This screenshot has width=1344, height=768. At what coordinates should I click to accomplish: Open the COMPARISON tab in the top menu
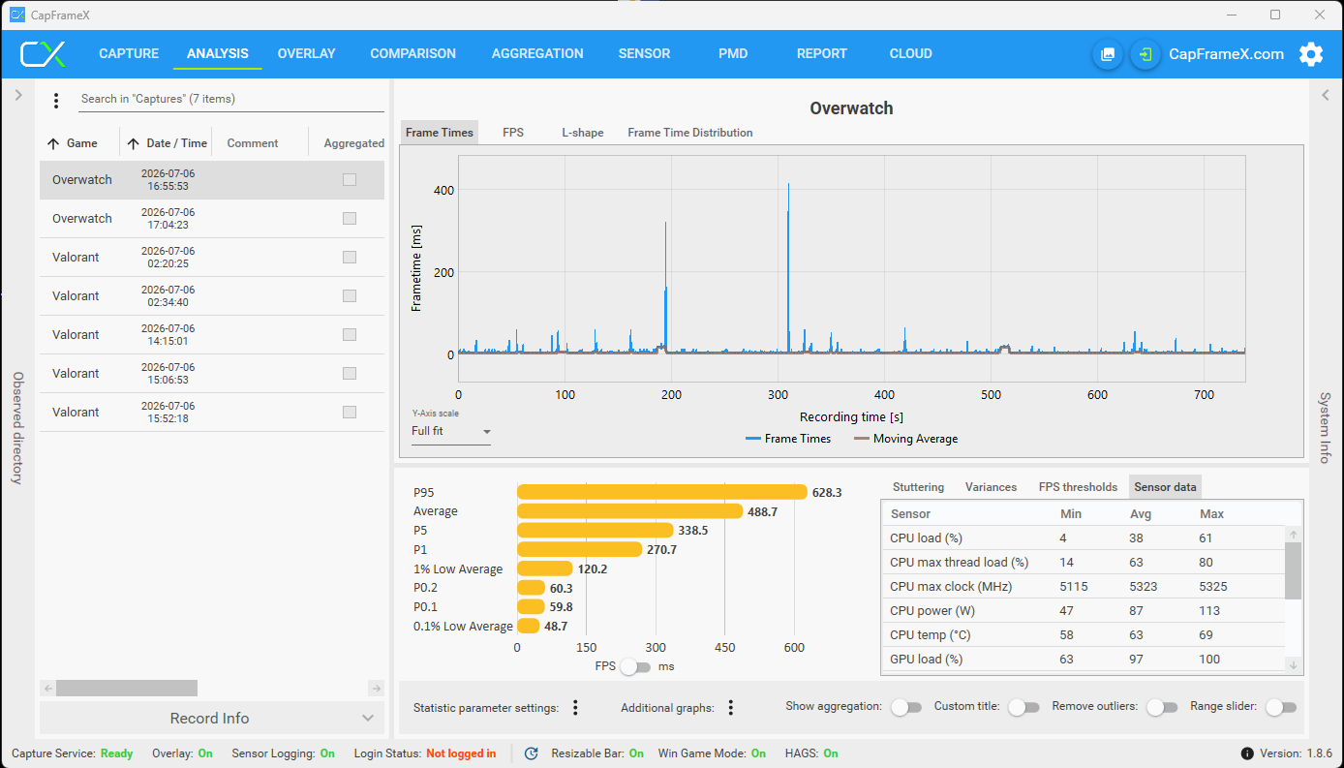pos(412,53)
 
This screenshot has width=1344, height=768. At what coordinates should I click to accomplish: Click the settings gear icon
pos(1311,54)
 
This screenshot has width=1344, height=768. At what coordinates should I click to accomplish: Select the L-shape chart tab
pos(583,133)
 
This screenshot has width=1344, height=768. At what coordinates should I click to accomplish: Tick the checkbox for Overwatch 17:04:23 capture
pos(350,219)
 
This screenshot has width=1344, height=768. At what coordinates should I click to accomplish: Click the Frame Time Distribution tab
pos(690,133)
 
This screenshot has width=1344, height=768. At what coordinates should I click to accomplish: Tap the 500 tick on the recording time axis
pos(992,395)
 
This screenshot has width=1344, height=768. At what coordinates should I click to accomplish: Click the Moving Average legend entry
pos(905,439)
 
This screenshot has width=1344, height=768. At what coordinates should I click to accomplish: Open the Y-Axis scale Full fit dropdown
pos(450,431)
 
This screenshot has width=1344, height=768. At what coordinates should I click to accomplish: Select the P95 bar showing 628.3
pos(661,492)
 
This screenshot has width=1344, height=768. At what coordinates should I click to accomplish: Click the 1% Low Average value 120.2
pos(593,568)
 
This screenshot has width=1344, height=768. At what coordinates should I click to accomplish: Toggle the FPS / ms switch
pos(635,666)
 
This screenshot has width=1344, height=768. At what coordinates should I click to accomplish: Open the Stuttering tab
pos(918,487)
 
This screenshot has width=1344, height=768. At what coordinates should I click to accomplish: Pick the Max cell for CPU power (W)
pos(1209,611)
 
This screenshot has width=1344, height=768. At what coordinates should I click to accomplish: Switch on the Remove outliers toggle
pos(1162,707)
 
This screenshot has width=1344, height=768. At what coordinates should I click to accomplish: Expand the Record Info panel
pos(211,719)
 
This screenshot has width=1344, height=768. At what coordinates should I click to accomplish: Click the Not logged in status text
pos(461,753)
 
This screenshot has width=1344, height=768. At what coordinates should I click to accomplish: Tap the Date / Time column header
pos(176,143)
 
